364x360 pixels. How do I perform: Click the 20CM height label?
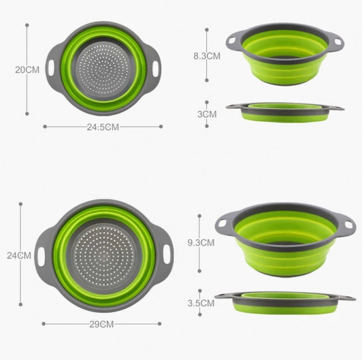point(26,70)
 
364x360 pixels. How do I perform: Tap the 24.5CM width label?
point(103,128)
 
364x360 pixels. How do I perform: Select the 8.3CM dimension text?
point(206,56)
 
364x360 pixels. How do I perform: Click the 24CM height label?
point(19,255)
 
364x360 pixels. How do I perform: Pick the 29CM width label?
point(101,324)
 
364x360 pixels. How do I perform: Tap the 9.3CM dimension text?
point(200,243)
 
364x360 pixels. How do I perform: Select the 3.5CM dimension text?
point(201,303)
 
